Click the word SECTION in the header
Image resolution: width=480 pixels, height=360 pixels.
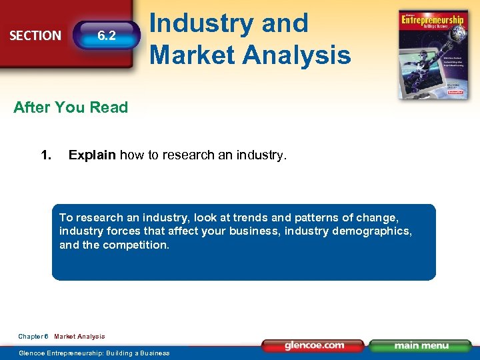click(35, 36)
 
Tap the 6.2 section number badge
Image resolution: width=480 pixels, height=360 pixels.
click(107, 36)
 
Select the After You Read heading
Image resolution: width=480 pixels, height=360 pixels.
click(71, 108)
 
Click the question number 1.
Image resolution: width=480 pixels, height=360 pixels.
click(46, 156)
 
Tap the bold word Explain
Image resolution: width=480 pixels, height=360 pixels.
click(93, 156)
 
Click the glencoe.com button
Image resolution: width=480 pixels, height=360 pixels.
click(314, 346)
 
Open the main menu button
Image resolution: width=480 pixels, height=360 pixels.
click(421, 346)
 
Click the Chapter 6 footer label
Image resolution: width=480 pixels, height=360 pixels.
click(33, 337)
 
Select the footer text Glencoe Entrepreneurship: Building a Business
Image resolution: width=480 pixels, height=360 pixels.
click(94, 353)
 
